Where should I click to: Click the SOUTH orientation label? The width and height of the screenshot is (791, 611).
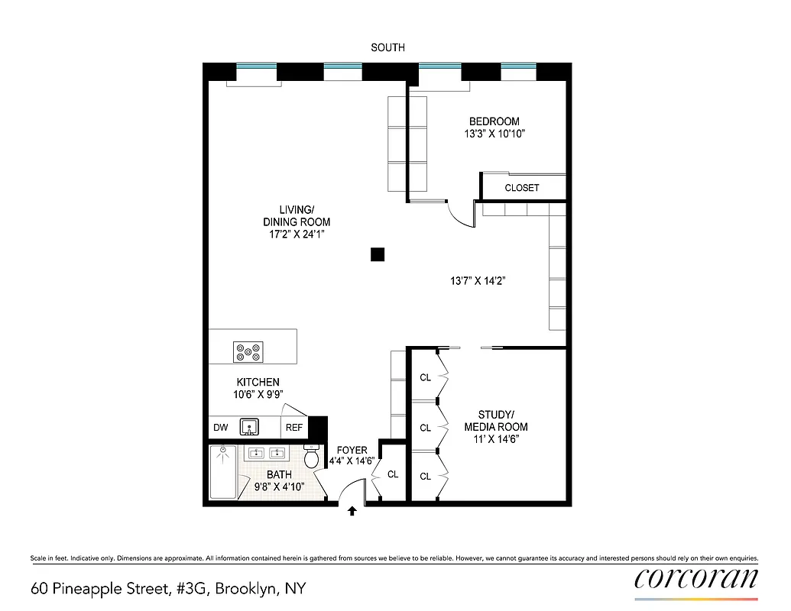(387, 47)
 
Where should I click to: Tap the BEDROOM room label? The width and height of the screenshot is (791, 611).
(494, 121)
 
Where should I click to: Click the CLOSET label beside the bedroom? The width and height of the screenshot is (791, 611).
(522, 188)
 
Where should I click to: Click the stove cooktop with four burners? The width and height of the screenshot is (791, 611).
(249, 351)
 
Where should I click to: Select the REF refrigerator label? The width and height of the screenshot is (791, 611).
(294, 428)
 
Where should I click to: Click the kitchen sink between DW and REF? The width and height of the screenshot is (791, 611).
(249, 427)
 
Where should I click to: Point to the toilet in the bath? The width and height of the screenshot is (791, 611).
(311, 457)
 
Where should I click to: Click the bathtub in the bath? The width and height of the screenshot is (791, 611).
(223, 473)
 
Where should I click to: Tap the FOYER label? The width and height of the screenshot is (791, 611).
(352, 451)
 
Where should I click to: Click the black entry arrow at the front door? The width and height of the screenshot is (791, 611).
(352, 511)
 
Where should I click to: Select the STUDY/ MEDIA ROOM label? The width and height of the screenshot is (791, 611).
(496, 421)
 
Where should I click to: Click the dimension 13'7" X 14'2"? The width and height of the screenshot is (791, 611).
(478, 281)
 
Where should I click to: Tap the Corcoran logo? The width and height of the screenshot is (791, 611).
(696, 578)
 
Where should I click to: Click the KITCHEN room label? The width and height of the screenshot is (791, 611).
(258, 382)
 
